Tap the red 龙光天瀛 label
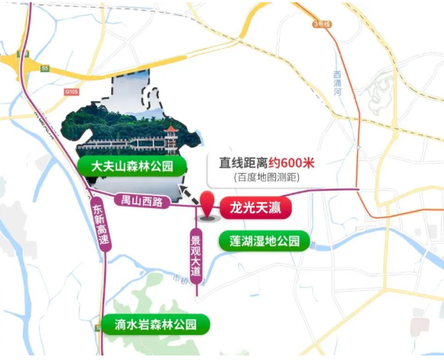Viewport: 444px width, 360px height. (x=255, y=206)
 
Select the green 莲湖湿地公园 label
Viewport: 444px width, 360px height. (x=258, y=242)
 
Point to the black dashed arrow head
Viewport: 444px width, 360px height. (x=182, y=188)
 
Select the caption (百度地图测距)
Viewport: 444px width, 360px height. (x=267, y=177)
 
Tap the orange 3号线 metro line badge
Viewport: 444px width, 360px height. (x=322, y=24)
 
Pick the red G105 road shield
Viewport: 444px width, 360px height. (x=71, y=92)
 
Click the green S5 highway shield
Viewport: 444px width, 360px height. (x=44, y=68)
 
